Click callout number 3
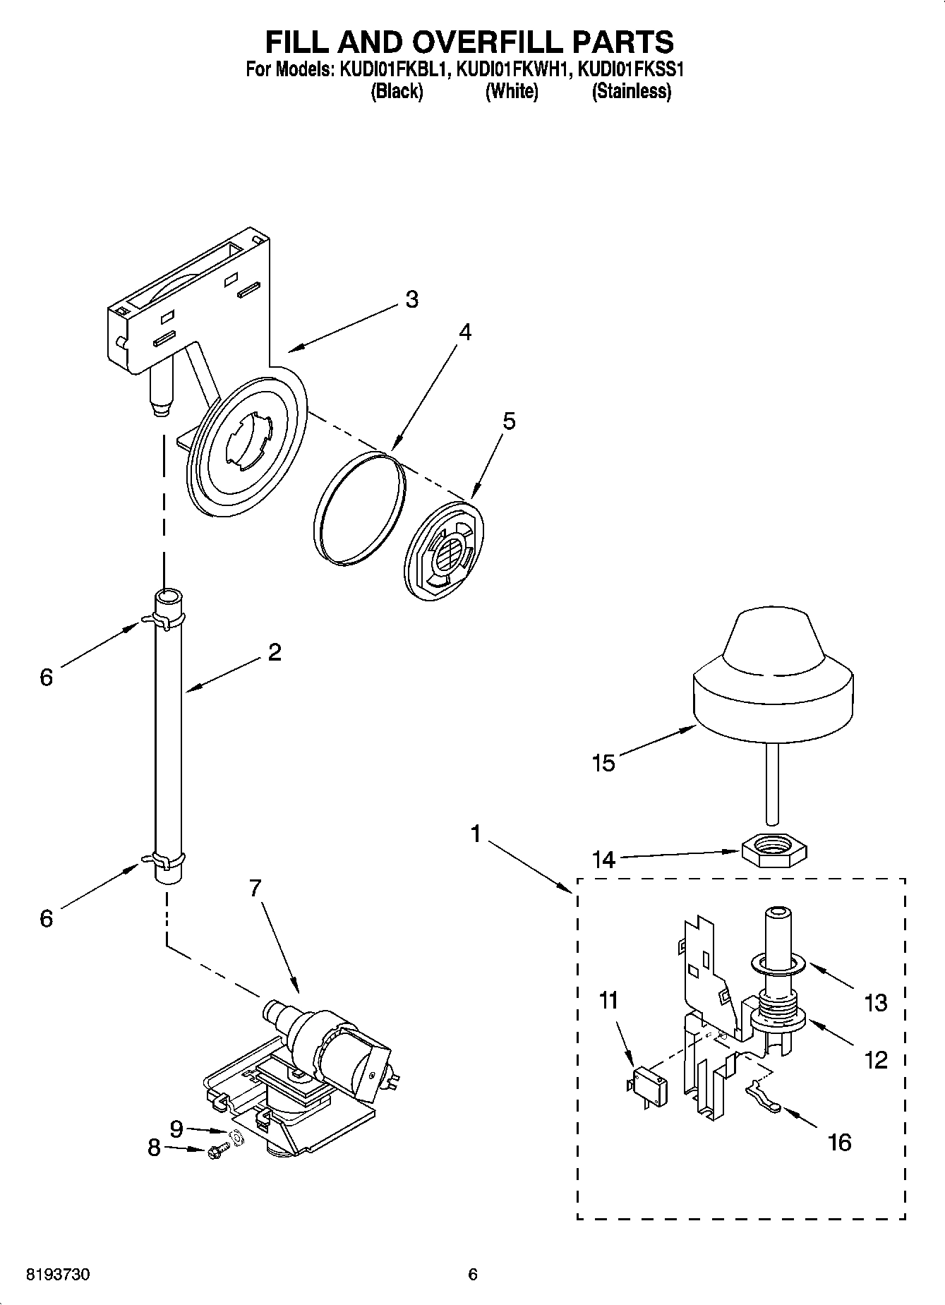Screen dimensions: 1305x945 coord(411,299)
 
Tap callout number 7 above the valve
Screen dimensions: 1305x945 coord(255,888)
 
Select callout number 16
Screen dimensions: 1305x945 coord(839,1141)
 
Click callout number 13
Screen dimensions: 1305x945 coord(875,1002)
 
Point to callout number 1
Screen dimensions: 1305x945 coord(476,835)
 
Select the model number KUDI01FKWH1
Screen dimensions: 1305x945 coord(511,70)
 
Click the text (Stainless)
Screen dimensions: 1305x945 coord(632,92)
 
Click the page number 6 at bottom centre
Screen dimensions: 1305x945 coord(473,1274)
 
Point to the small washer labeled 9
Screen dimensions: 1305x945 coord(238,1138)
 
